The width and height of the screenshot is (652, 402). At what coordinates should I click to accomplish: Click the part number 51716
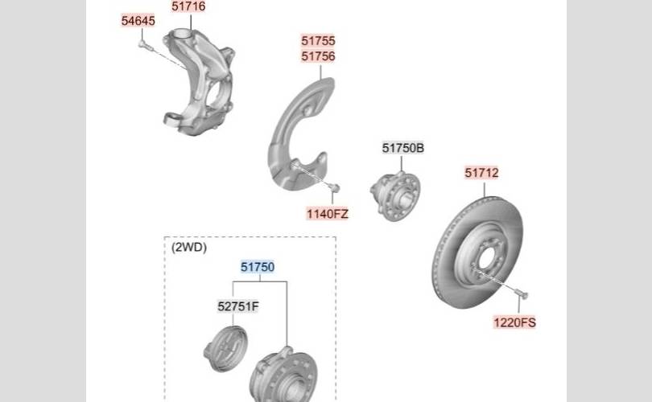pyautogui.click(x=188, y=6)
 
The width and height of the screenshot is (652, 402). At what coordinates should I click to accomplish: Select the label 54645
pyautogui.click(x=138, y=20)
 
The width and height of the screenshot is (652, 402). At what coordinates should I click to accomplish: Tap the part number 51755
pyautogui.click(x=318, y=41)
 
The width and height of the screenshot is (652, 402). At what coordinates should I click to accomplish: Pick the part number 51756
pyautogui.click(x=318, y=56)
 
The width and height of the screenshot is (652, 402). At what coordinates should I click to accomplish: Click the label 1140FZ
pyautogui.click(x=328, y=214)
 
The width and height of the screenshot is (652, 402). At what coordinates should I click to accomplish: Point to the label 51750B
pyautogui.click(x=403, y=148)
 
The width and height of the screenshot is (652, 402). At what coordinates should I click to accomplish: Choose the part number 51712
pyautogui.click(x=481, y=172)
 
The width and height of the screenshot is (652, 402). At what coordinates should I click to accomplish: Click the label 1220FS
pyautogui.click(x=515, y=322)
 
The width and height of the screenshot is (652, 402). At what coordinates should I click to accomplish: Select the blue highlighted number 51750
pyautogui.click(x=258, y=267)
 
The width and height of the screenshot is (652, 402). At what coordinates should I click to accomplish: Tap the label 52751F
pyautogui.click(x=237, y=306)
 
